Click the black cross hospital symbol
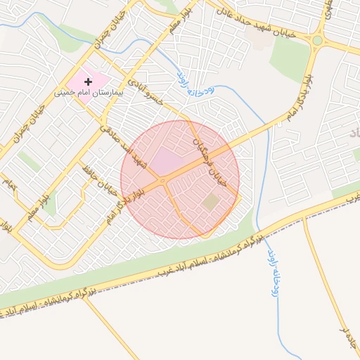tap(88, 83)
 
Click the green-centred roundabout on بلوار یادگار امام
tap(318, 41)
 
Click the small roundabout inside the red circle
tap(163, 181)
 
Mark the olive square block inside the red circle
tap(211, 202)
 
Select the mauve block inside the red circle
tap(166, 161)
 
